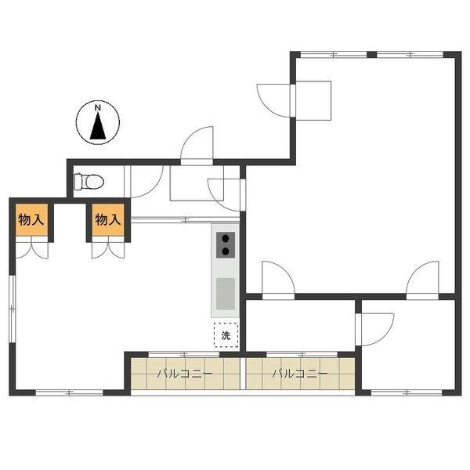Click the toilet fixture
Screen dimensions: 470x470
(89, 182)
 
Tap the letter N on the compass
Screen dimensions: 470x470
(98, 107)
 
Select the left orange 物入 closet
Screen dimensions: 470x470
(31, 219)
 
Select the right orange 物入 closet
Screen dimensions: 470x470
(108, 219)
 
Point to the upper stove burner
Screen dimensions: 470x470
(226, 239)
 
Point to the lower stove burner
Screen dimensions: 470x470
(226, 251)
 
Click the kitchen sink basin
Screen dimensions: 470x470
(226, 294)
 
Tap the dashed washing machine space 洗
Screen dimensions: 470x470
(226, 334)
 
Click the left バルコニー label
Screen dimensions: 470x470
(185, 374)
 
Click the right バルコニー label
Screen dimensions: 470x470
(300, 374)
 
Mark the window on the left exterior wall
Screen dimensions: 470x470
(13, 309)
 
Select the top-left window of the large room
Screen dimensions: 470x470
(334, 55)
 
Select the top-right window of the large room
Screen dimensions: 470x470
(410, 55)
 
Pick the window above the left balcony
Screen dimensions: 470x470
(184, 354)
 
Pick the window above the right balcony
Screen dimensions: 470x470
(302, 354)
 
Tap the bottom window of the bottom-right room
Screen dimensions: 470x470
(407, 392)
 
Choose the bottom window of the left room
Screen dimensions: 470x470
(69, 392)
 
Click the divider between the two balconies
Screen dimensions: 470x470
(243, 374)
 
